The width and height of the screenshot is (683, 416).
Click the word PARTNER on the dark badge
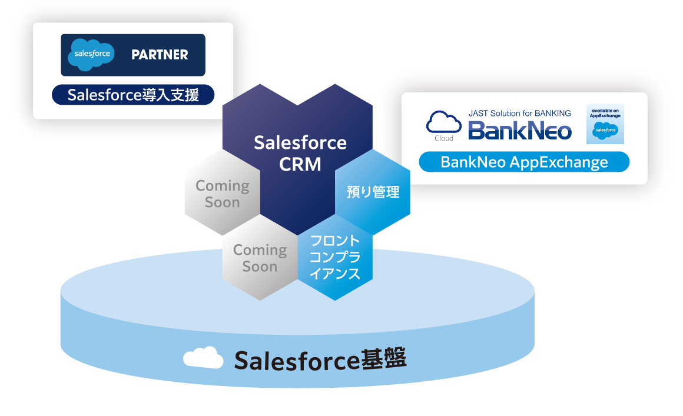click(x=160, y=55)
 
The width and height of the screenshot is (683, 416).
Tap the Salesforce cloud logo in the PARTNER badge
click(x=89, y=54)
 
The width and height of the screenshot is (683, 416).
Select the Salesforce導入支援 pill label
click(x=133, y=95)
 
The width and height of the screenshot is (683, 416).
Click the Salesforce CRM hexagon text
click(x=300, y=152)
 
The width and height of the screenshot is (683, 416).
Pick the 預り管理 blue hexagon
click(x=373, y=192)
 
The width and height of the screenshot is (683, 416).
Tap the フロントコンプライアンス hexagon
click(x=334, y=257)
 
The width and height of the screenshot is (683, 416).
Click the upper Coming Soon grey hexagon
click(x=223, y=194)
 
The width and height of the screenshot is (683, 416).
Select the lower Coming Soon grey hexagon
click(x=260, y=258)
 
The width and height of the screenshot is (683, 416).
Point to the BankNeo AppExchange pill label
click(x=524, y=162)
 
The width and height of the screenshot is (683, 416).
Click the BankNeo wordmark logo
click(x=520, y=129)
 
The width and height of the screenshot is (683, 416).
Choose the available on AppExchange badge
click(x=605, y=124)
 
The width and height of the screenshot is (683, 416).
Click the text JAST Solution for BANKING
click(x=519, y=113)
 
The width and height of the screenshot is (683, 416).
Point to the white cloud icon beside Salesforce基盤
click(x=203, y=357)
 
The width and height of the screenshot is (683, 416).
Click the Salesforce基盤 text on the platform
click(x=320, y=359)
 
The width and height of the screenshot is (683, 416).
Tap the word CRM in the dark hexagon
click(x=300, y=164)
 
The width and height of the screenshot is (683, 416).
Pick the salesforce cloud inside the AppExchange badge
click(x=605, y=131)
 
